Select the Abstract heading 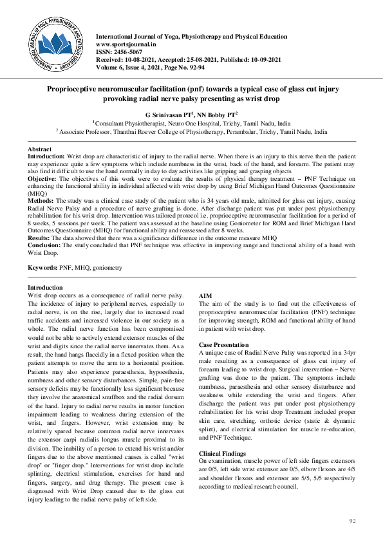[39, 149]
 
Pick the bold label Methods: [44, 201]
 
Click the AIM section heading [206, 294]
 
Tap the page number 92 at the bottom [351, 519]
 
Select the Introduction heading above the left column [45, 287]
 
